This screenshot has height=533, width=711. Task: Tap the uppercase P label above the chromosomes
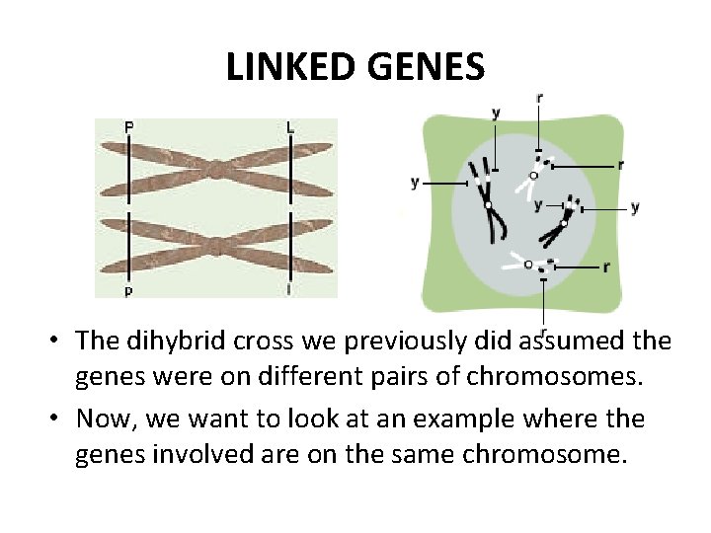(x=129, y=126)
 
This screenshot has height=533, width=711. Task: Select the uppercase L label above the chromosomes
(x=289, y=126)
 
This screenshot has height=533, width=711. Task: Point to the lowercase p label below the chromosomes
(x=128, y=291)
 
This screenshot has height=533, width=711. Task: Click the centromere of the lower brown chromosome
(x=216, y=244)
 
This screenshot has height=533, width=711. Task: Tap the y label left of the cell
(x=415, y=183)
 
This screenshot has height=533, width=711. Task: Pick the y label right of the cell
(x=634, y=207)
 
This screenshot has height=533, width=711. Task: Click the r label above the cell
(x=538, y=98)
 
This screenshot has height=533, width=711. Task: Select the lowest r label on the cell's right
(x=605, y=266)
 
